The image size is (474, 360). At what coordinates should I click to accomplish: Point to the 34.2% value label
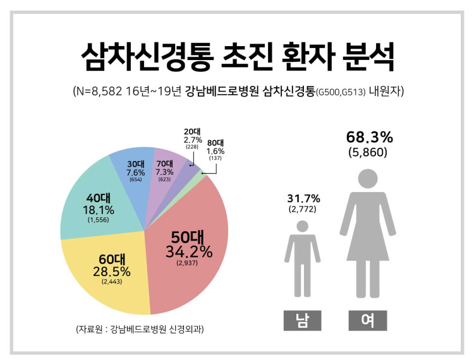[189, 251]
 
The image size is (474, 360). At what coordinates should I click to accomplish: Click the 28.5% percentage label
[111, 272]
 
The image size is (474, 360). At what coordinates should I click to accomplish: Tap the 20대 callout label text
[192, 131]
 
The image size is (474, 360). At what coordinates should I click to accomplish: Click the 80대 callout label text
[216, 143]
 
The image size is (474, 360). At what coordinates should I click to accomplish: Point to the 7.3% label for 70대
[164, 172]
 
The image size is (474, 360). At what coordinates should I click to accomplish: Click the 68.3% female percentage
[370, 138]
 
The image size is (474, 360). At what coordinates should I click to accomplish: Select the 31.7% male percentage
[303, 198]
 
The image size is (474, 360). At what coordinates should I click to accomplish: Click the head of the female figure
[368, 179]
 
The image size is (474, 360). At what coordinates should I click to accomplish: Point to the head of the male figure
[302, 226]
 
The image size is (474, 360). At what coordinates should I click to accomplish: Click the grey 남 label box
[302, 320]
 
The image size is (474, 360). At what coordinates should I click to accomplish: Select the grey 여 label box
[368, 320]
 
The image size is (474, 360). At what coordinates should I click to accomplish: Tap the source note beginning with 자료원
[140, 329]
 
